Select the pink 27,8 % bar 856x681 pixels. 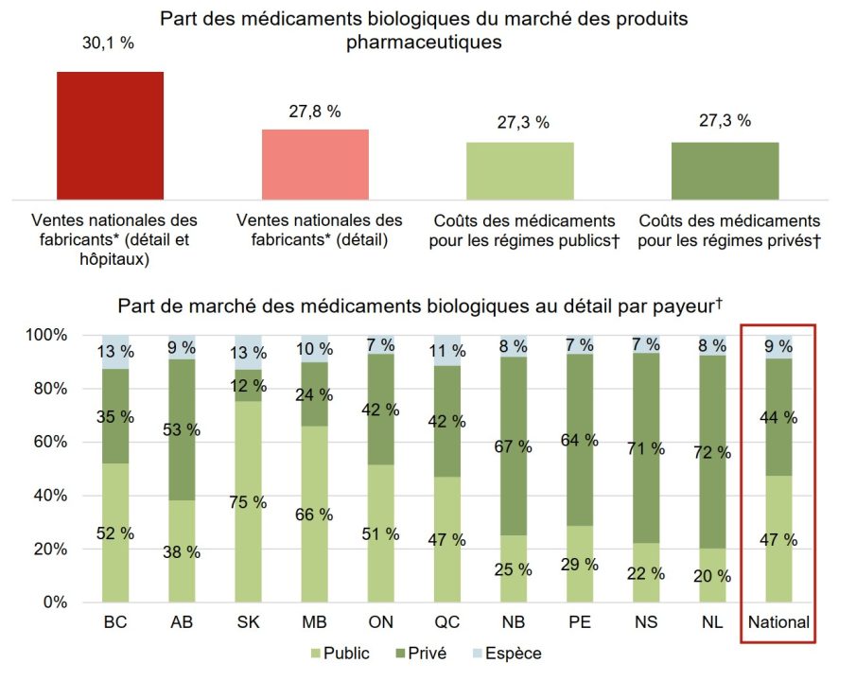click(x=315, y=164)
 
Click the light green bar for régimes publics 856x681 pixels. click(x=519, y=170)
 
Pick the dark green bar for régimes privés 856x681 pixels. click(x=725, y=170)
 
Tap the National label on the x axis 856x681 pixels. click(x=777, y=623)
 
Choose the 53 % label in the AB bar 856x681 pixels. click(x=181, y=429)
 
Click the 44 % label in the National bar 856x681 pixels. click(x=777, y=418)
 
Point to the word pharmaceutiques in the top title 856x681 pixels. click(x=424, y=43)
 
